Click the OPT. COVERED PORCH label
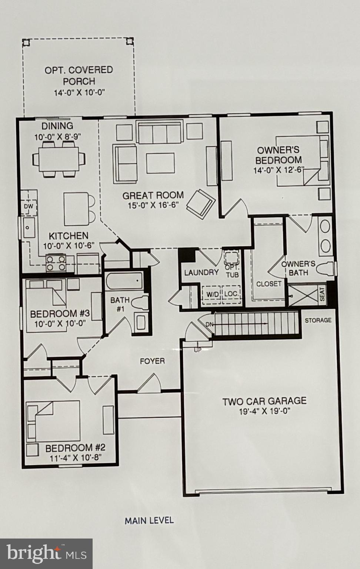click(x=79, y=75)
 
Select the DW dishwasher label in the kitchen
click(x=29, y=206)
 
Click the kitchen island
click(x=76, y=209)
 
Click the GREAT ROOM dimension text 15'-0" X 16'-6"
click(x=153, y=205)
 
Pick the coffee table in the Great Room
click(x=160, y=163)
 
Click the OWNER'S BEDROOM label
click(x=278, y=155)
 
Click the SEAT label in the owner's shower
click(x=322, y=295)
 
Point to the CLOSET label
click(x=269, y=284)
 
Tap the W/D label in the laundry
click(x=213, y=294)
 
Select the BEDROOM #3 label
click(x=60, y=314)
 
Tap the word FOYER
click(x=152, y=361)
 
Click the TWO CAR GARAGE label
click(x=264, y=401)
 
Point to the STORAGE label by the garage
click(x=318, y=320)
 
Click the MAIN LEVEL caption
click(x=149, y=520)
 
